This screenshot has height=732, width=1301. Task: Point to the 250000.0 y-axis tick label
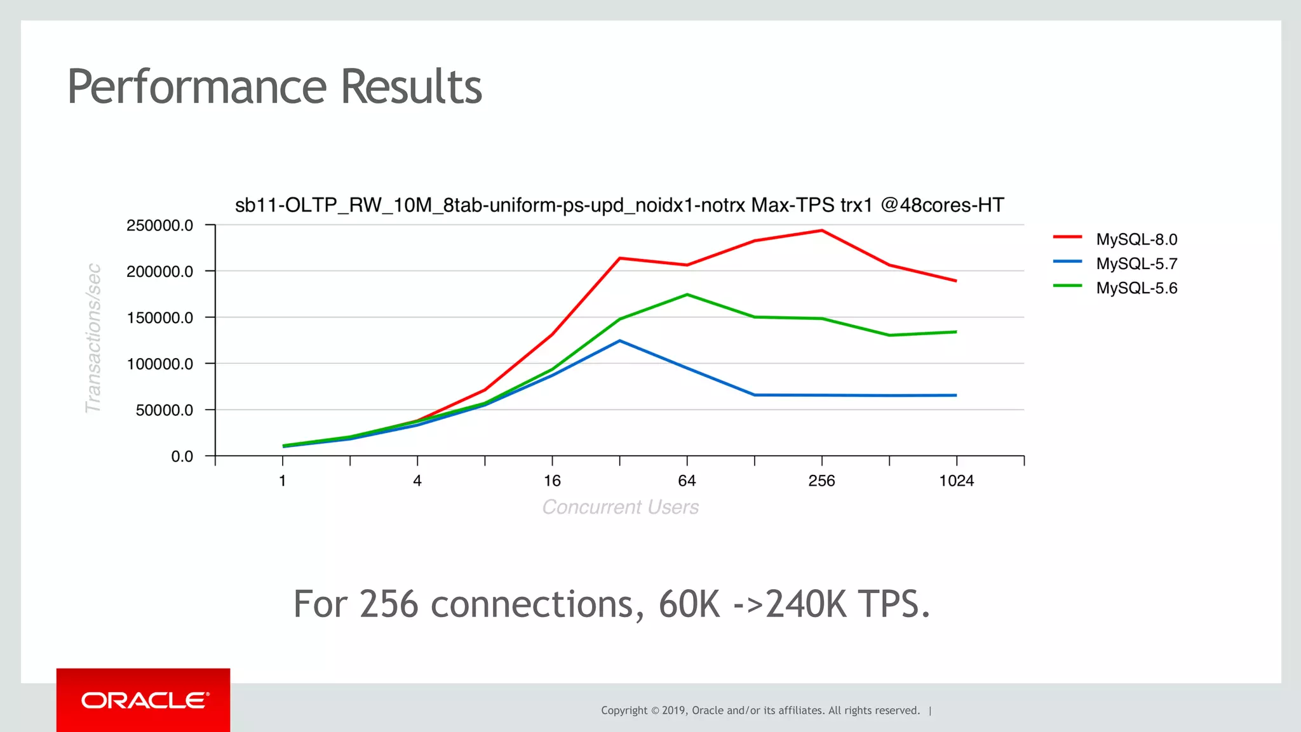tap(159, 225)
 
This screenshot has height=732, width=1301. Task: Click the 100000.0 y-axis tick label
tap(159, 364)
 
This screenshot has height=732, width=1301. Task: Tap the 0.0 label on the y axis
tap(182, 456)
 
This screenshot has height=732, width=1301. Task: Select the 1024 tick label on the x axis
tap(956, 481)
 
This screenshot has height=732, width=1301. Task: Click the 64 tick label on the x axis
tap(687, 481)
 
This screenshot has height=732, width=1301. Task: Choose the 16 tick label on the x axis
tap(552, 481)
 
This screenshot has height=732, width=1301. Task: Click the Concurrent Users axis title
tap(620, 507)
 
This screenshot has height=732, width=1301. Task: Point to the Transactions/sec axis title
tap(93, 338)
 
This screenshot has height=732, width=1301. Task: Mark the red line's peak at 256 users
tap(822, 230)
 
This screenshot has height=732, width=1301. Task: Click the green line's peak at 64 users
tap(687, 295)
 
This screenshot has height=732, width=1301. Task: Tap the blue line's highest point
tap(620, 341)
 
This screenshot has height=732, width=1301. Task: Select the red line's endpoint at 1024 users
tap(956, 281)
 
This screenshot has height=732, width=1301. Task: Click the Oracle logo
tap(144, 700)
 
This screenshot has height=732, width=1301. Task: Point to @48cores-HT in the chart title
tap(942, 205)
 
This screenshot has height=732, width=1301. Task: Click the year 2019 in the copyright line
tap(673, 710)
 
